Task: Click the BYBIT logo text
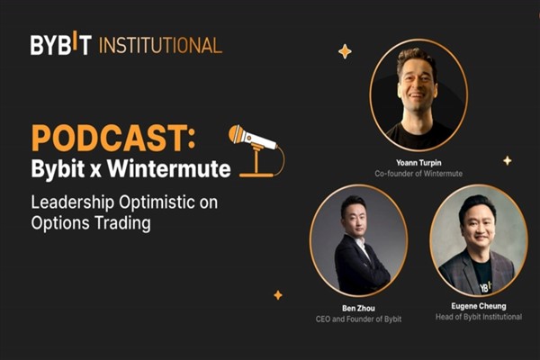pos(60,45)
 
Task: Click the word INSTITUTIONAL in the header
pos(160,45)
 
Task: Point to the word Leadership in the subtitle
pos(70,202)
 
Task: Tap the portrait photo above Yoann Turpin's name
pos(418,94)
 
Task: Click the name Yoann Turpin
pos(418,162)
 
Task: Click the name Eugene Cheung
pos(477,306)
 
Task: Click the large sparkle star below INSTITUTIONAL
pos(344,51)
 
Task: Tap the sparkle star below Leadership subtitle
pos(277,294)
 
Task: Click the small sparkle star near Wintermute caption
pos(507,160)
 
